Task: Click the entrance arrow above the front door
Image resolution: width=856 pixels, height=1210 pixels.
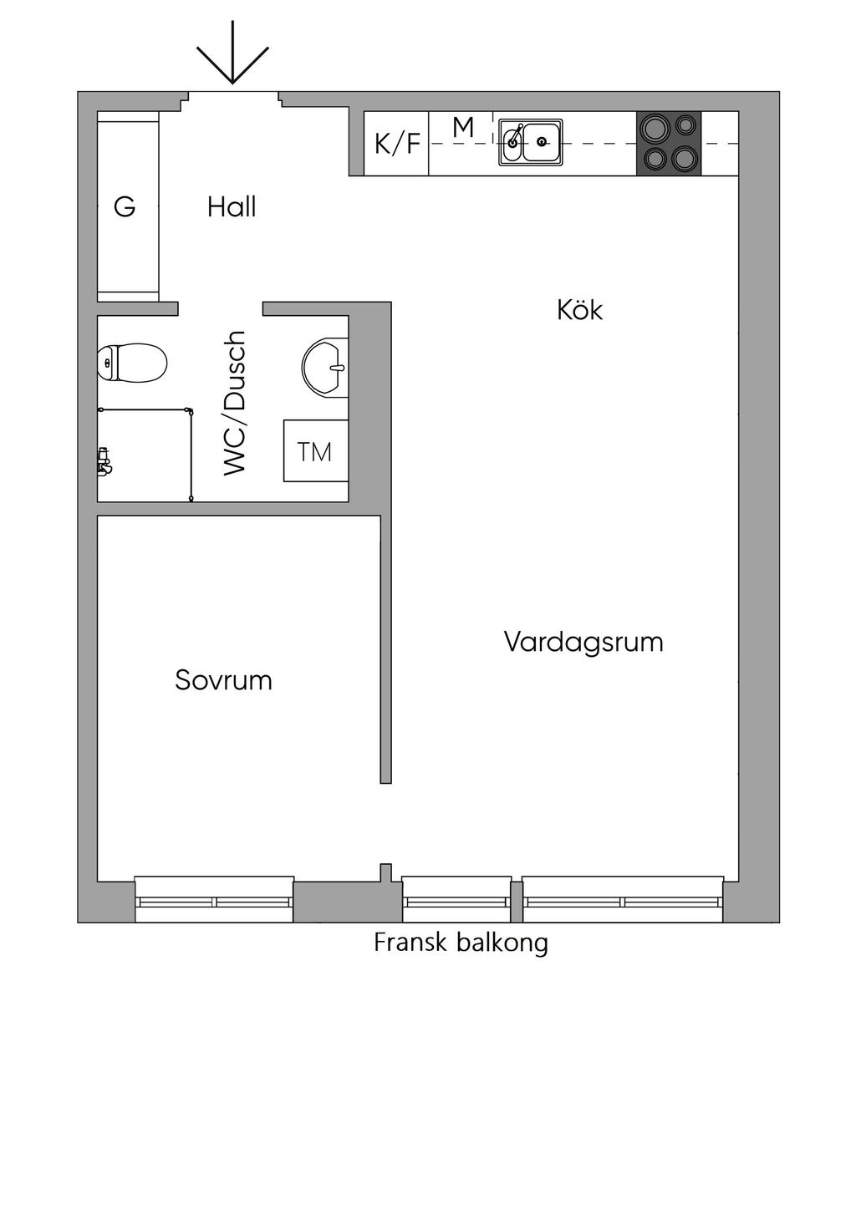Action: [232, 53]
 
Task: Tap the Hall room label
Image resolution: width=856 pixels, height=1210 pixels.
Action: [232, 206]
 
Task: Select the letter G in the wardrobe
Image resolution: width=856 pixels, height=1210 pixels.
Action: [125, 206]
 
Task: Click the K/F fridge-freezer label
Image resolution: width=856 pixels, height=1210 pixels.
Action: [397, 144]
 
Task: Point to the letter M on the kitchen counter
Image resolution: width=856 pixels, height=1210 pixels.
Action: [463, 128]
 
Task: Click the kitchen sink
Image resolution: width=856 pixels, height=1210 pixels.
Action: [531, 142]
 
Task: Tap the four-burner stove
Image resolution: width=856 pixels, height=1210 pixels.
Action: [669, 143]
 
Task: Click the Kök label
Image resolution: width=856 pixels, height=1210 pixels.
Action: [579, 310]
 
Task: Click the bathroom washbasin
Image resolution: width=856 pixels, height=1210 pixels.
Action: [324, 365]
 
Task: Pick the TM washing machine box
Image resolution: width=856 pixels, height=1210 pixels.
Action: [315, 451]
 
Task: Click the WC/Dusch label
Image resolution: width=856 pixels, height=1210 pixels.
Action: [236, 403]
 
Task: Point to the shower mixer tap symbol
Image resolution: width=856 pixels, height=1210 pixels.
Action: [104, 460]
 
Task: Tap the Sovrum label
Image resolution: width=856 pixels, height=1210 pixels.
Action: [223, 680]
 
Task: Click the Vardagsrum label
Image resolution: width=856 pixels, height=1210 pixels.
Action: [583, 642]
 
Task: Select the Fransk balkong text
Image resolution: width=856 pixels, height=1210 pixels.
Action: [461, 943]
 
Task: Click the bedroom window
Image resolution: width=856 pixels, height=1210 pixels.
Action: [215, 900]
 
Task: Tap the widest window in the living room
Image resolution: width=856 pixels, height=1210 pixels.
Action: [623, 900]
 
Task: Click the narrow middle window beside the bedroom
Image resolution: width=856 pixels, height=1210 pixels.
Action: [456, 900]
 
